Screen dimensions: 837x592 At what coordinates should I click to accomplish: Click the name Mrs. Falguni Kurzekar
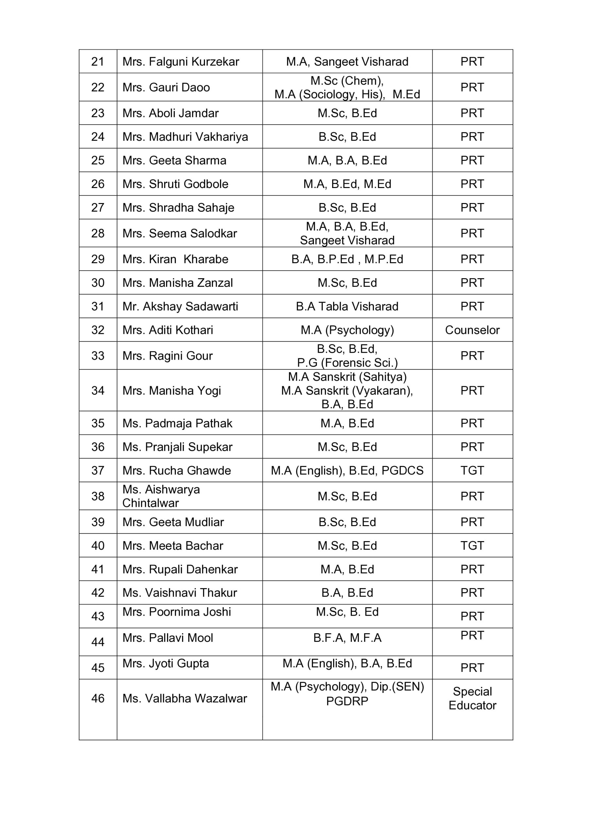click(x=181, y=61)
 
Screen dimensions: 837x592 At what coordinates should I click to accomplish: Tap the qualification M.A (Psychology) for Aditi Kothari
click(x=347, y=330)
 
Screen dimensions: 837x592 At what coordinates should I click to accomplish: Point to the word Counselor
click(x=472, y=330)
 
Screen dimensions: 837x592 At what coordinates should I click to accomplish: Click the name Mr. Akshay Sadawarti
click(x=180, y=306)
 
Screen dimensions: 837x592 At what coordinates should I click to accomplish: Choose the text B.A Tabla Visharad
click(x=347, y=306)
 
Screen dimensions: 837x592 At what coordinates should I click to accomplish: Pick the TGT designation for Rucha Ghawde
click(x=472, y=470)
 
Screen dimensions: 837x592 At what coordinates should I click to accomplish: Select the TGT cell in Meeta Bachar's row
click(x=472, y=545)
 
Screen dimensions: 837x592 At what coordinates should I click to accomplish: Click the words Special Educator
click(x=472, y=698)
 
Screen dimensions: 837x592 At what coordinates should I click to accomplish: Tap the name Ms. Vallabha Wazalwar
click(x=184, y=698)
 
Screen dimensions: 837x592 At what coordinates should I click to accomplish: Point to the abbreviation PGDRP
click(x=347, y=701)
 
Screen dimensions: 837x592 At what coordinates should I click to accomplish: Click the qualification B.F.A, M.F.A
click(x=347, y=638)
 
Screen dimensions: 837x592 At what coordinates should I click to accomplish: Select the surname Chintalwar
click(x=151, y=503)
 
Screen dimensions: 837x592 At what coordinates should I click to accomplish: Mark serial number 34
click(x=98, y=390)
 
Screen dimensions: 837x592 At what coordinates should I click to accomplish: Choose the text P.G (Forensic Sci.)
click(x=347, y=363)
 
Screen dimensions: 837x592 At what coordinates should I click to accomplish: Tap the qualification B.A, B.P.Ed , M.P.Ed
click(x=347, y=259)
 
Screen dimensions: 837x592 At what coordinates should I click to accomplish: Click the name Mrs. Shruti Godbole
click(x=175, y=184)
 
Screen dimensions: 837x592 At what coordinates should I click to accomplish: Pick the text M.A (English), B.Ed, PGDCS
click(x=347, y=470)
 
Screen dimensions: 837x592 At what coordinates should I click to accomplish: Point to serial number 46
click(x=98, y=698)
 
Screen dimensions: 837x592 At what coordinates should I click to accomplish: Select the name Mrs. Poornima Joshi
click(x=177, y=612)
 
